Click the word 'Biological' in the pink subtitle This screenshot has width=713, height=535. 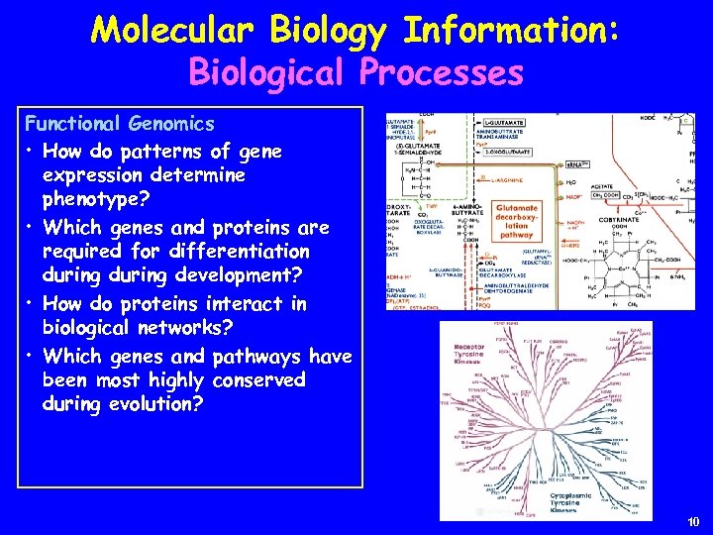(260, 72)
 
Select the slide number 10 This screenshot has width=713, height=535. (692, 522)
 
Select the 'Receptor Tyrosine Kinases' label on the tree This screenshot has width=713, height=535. (440, 355)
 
